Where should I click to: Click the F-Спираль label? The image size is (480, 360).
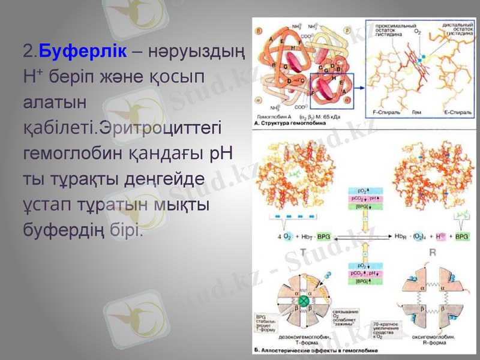pyautogui.click(x=382, y=112)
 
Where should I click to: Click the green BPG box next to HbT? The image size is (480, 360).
pyautogui.click(x=323, y=236)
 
